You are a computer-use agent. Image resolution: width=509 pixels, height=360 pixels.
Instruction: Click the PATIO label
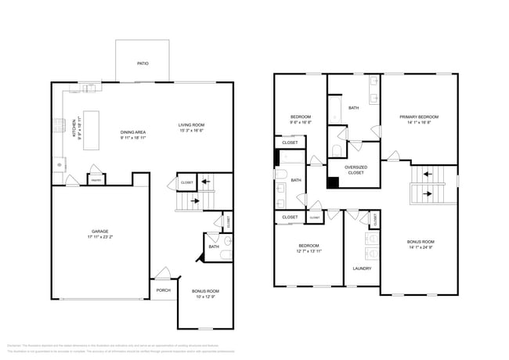click(x=143, y=63)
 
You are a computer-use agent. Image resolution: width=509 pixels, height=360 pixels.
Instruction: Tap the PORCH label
click(x=163, y=290)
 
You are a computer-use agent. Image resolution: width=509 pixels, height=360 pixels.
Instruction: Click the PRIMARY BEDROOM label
click(x=419, y=117)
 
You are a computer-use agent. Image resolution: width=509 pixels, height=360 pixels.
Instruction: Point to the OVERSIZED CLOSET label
click(x=356, y=169)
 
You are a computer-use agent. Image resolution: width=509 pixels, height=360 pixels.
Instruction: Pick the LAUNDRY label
click(x=362, y=268)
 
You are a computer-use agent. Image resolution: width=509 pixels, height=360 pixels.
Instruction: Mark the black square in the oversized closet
click(x=334, y=183)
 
